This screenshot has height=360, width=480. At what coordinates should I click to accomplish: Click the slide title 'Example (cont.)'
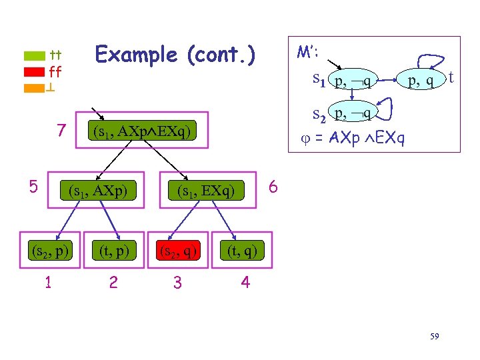coord(175,54)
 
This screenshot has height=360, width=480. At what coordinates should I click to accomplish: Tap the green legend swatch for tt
coord(35,56)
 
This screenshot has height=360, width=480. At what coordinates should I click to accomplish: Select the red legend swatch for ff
coord(35,72)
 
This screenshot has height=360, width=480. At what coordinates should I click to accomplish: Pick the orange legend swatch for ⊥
coord(35,87)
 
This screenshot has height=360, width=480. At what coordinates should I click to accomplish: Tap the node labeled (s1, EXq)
coord(206,192)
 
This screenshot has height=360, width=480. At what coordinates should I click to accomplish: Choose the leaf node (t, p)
coord(113,251)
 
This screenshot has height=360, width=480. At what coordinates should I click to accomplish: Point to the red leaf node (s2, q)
coord(178,251)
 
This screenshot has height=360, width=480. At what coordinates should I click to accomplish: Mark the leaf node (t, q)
coord(241,251)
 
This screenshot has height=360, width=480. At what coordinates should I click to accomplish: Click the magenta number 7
coord(61,131)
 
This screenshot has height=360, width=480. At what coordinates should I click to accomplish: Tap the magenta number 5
coord(33,187)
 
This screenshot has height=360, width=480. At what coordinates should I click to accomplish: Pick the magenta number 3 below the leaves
coord(177,283)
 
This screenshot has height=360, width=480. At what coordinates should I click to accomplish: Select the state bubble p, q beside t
coord(421,81)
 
